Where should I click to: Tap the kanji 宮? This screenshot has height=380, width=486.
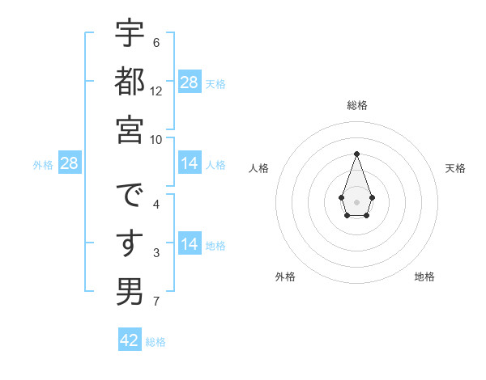point(130,130)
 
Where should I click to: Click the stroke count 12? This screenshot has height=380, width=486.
point(156,91)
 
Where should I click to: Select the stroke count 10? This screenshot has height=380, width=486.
point(156,140)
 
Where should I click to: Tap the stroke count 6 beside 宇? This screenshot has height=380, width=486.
point(156,42)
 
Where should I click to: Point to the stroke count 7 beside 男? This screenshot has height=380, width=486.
point(156,302)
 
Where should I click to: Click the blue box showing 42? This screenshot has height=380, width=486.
point(130,340)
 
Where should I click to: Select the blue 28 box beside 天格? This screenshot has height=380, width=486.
point(190,82)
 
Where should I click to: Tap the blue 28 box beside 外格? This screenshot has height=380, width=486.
point(70,164)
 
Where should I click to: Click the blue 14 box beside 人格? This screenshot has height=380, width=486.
point(190,163)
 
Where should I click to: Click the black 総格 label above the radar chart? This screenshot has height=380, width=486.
point(356,106)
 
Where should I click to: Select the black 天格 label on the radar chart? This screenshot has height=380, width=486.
point(456,168)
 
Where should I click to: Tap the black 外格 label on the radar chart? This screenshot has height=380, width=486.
point(285,277)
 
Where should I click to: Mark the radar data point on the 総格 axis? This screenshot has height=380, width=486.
point(356,154)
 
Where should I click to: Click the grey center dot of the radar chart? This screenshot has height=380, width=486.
point(356,201)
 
